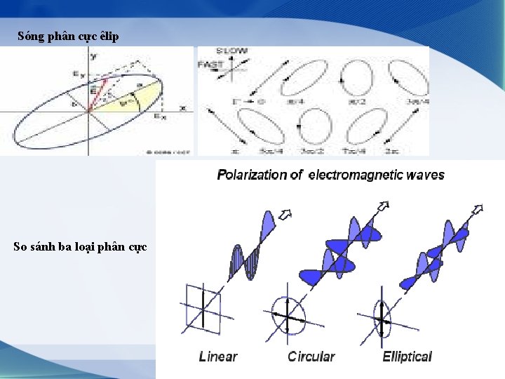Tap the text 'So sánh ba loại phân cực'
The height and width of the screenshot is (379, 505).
(x=80, y=246)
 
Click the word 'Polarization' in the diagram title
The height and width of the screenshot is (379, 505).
(x=251, y=175)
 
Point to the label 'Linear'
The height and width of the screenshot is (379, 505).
(x=218, y=357)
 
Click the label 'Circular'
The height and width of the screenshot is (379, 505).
(x=311, y=357)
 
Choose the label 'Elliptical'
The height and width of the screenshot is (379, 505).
(x=408, y=357)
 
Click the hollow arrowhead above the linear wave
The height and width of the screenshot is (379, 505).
(x=285, y=213)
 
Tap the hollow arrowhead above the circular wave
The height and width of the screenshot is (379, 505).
(x=382, y=206)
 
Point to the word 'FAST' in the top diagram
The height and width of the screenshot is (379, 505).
(x=211, y=65)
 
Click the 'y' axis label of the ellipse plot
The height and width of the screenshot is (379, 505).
(x=93, y=55)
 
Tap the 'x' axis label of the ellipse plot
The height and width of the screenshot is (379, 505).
(x=183, y=108)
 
